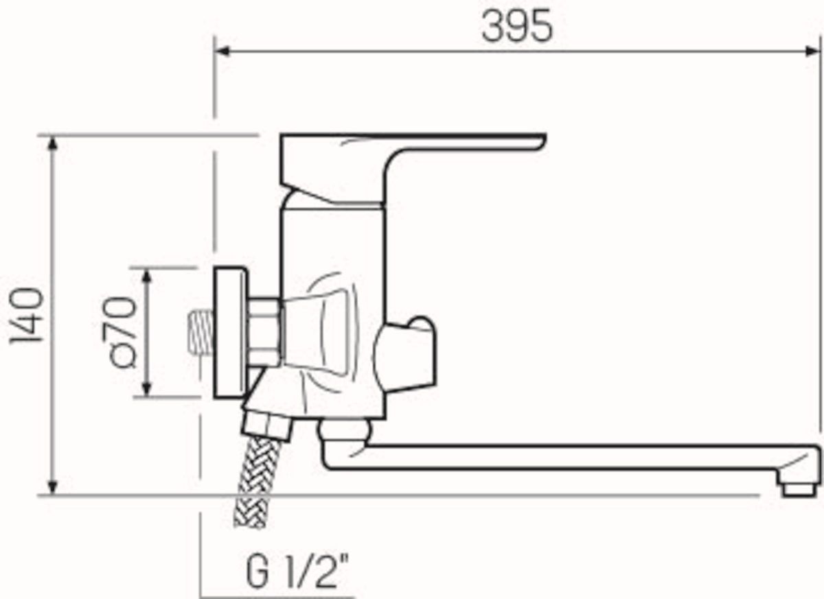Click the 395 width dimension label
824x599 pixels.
tap(517, 25)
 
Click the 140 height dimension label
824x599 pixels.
tap(27, 316)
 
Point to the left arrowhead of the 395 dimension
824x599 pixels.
tap(222, 52)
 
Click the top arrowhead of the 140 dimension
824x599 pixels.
tap(53, 144)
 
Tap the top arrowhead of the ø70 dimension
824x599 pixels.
tap(147, 277)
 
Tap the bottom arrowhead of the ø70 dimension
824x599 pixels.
tap(147, 388)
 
